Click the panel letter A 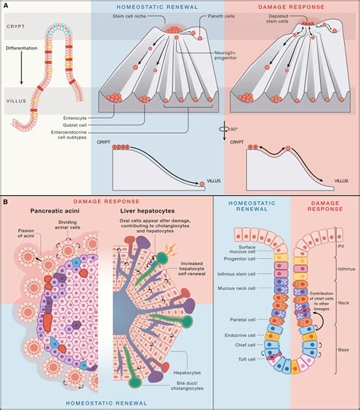5,6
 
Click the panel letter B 5,201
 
